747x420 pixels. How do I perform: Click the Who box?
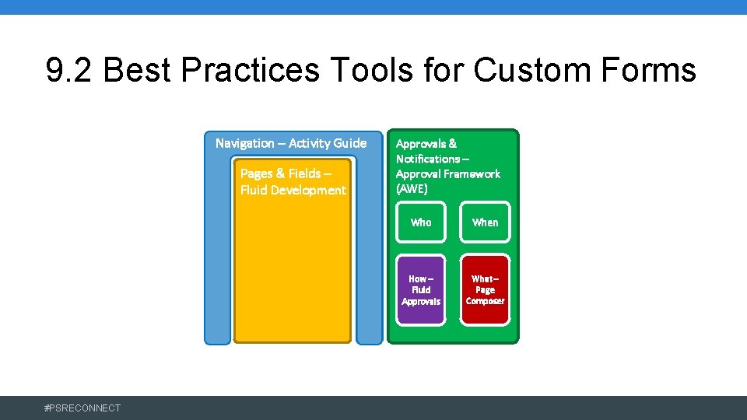click(421, 222)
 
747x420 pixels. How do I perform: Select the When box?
click(485, 222)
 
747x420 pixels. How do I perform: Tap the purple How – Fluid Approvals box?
click(421, 289)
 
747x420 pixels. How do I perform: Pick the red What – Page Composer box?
click(485, 289)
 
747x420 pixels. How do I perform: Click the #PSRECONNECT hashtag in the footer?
click(83, 408)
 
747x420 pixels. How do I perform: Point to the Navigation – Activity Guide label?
click(291, 143)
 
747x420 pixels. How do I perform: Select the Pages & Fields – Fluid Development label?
click(293, 182)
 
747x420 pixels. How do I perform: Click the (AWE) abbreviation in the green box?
click(412, 189)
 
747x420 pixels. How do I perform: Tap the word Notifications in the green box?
click(428, 159)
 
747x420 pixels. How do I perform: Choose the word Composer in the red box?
click(485, 301)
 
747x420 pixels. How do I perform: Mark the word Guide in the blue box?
click(349, 143)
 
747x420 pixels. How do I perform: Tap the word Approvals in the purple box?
click(421, 301)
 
